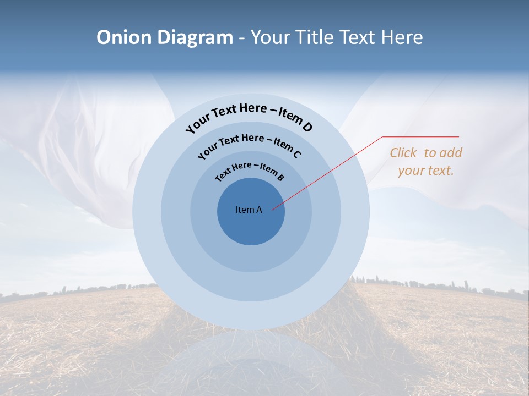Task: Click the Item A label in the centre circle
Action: tap(249, 210)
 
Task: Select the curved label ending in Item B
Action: tap(250, 170)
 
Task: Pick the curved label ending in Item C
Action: tap(249, 144)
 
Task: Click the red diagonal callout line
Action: tap(331, 171)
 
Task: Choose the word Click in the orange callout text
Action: tap(403, 153)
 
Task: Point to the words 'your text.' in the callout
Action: tap(425, 170)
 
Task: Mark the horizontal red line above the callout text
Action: tap(421, 136)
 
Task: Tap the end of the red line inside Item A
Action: tap(273, 209)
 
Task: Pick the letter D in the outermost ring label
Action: tap(307, 127)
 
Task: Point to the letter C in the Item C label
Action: tap(296, 154)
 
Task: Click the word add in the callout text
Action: tap(451, 153)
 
